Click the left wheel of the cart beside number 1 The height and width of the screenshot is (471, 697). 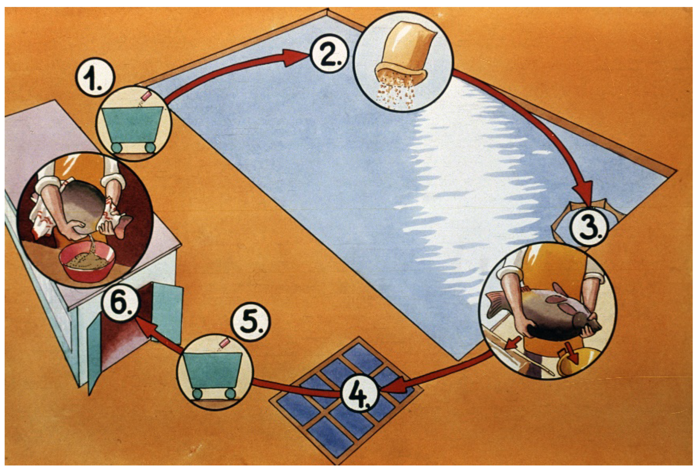pyautogui.click(x=116, y=148)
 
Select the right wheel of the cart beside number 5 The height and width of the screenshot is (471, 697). pyautogui.click(x=230, y=393)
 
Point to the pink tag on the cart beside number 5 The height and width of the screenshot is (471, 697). pyautogui.click(x=224, y=343)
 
